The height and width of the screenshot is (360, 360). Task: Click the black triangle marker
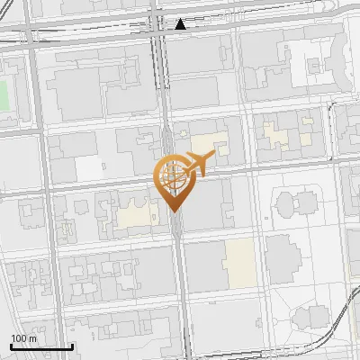pos(181,23)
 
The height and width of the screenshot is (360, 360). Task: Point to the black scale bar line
pos(41,346)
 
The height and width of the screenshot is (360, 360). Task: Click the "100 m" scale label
pos(24,338)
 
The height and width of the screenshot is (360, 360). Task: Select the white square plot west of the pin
pos(88,168)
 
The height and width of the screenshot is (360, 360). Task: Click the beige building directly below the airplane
pos(208,144)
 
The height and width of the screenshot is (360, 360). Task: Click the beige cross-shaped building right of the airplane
pos(287,136)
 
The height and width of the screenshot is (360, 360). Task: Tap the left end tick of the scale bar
pos(11,346)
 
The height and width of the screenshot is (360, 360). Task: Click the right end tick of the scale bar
pos(72,346)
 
